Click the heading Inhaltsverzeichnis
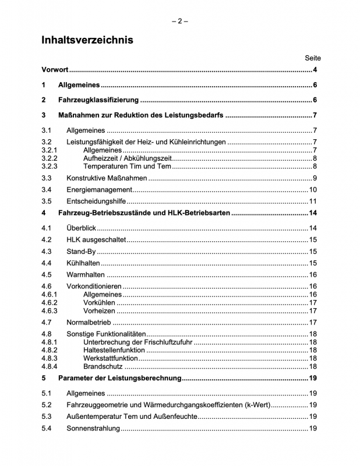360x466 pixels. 87,40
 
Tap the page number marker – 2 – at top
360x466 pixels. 179,22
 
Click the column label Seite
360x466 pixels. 312,58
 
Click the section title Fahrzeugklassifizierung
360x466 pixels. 97,100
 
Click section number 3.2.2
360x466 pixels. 50,158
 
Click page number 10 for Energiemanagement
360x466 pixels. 312,190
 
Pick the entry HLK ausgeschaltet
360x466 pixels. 96,239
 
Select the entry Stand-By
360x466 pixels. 81,252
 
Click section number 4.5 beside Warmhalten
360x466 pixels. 47,275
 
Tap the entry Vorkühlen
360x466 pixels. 99,302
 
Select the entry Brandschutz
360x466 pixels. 103,366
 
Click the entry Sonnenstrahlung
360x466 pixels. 93,429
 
